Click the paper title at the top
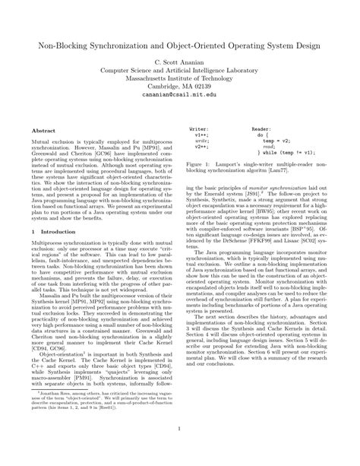pos(179,45)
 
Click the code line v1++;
pos(201,135)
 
